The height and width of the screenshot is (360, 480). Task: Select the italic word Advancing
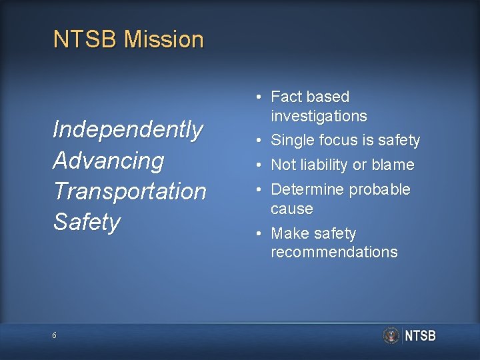pos(109,161)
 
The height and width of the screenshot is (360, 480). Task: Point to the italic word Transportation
pos(129,191)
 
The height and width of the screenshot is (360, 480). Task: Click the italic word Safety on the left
pos(87,222)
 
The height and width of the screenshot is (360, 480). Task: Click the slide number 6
pos(55,335)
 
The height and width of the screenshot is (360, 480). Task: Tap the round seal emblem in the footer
pos(391,335)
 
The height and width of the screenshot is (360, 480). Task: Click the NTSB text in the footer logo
pos(420,335)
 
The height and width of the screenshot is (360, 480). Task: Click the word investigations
pos(319,116)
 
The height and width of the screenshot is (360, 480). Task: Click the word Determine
pos(307,189)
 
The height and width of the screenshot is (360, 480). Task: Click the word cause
pos(291,209)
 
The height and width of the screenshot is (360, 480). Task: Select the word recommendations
pos(334,253)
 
